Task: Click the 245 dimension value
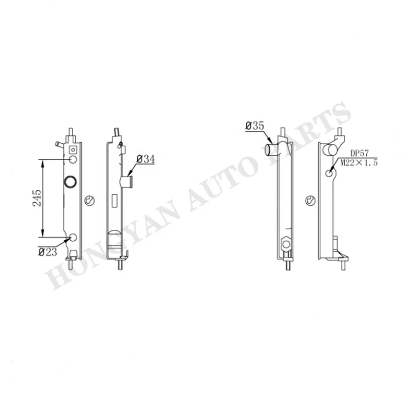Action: click(37, 198)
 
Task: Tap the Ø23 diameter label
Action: click(48, 252)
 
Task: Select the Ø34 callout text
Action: click(146, 159)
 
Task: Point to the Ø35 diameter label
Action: click(255, 126)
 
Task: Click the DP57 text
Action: click(359, 154)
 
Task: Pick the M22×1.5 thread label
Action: click(359, 162)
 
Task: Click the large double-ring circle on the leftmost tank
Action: click(70, 182)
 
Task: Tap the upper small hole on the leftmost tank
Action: click(73, 159)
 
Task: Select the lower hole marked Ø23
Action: click(73, 237)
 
